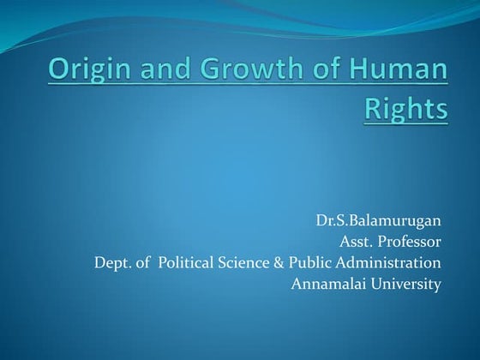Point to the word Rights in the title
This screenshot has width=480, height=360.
406,110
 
